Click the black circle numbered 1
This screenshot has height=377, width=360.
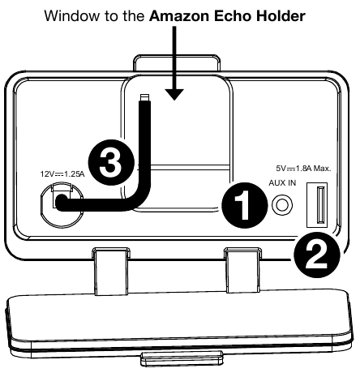pyautogui.click(x=245, y=205)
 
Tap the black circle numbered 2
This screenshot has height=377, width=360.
pyautogui.click(x=317, y=255)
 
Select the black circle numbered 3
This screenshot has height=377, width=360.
pyautogui.click(x=111, y=162)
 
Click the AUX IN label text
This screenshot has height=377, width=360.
pyautogui.click(x=282, y=183)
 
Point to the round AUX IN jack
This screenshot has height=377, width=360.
pyautogui.click(x=282, y=205)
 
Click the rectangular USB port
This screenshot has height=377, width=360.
pyautogui.click(x=317, y=205)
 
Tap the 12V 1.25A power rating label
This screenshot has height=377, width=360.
pyautogui.click(x=62, y=174)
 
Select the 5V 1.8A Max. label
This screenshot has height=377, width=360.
pyautogui.click(x=303, y=169)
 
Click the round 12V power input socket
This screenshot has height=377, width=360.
pyautogui.click(x=62, y=204)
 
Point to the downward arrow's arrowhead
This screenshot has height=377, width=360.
pyautogui.click(x=174, y=94)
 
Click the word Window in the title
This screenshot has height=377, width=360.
pyautogui.click(x=71, y=16)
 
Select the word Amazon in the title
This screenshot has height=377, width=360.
pyautogui.click(x=179, y=16)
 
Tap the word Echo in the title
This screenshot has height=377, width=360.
pyautogui.click(x=233, y=16)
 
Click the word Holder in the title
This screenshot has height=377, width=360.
pyautogui.click(x=281, y=16)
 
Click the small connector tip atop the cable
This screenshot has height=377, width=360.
pyautogui.click(x=144, y=97)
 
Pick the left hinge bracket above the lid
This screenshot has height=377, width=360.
pyautogui.click(x=111, y=271)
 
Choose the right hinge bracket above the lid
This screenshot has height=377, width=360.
pyautogui.click(x=242, y=270)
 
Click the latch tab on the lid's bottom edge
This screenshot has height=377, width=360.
pyautogui.click(x=182, y=358)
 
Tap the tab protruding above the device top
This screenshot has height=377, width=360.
pyautogui.click(x=177, y=63)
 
